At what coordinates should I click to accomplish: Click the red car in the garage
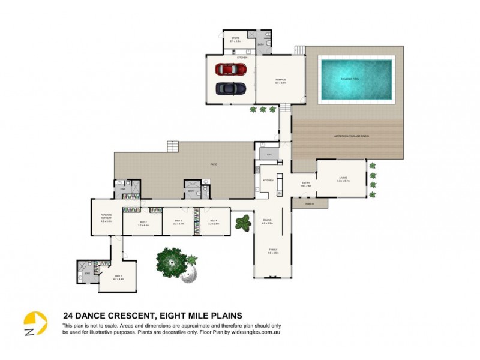(231, 69)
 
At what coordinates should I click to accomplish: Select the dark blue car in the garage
(231, 88)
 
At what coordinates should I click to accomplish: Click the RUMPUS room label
(280, 80)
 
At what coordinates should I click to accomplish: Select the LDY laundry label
(269, 155)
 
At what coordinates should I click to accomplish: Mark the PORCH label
(310, 203)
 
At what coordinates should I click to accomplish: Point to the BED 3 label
(178, 221)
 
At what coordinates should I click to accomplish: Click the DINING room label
(268, 221)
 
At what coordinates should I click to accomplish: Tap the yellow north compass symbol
(35, 324)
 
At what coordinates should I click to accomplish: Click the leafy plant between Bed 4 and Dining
(242, 224)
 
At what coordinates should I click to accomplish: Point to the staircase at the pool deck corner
(299, 50)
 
